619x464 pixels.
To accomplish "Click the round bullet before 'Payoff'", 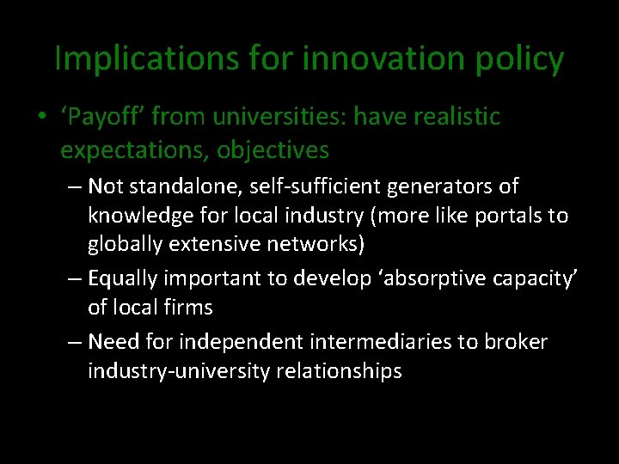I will click(x=41, y=117).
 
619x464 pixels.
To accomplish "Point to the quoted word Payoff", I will click(x=95, y=117).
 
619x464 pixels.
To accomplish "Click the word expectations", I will click(x=134, y=150).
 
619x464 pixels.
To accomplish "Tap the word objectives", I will click(x=273, y=150).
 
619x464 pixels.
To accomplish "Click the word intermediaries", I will click(x=379, y=342).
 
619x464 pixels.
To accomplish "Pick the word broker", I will click(x=515, y=342).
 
